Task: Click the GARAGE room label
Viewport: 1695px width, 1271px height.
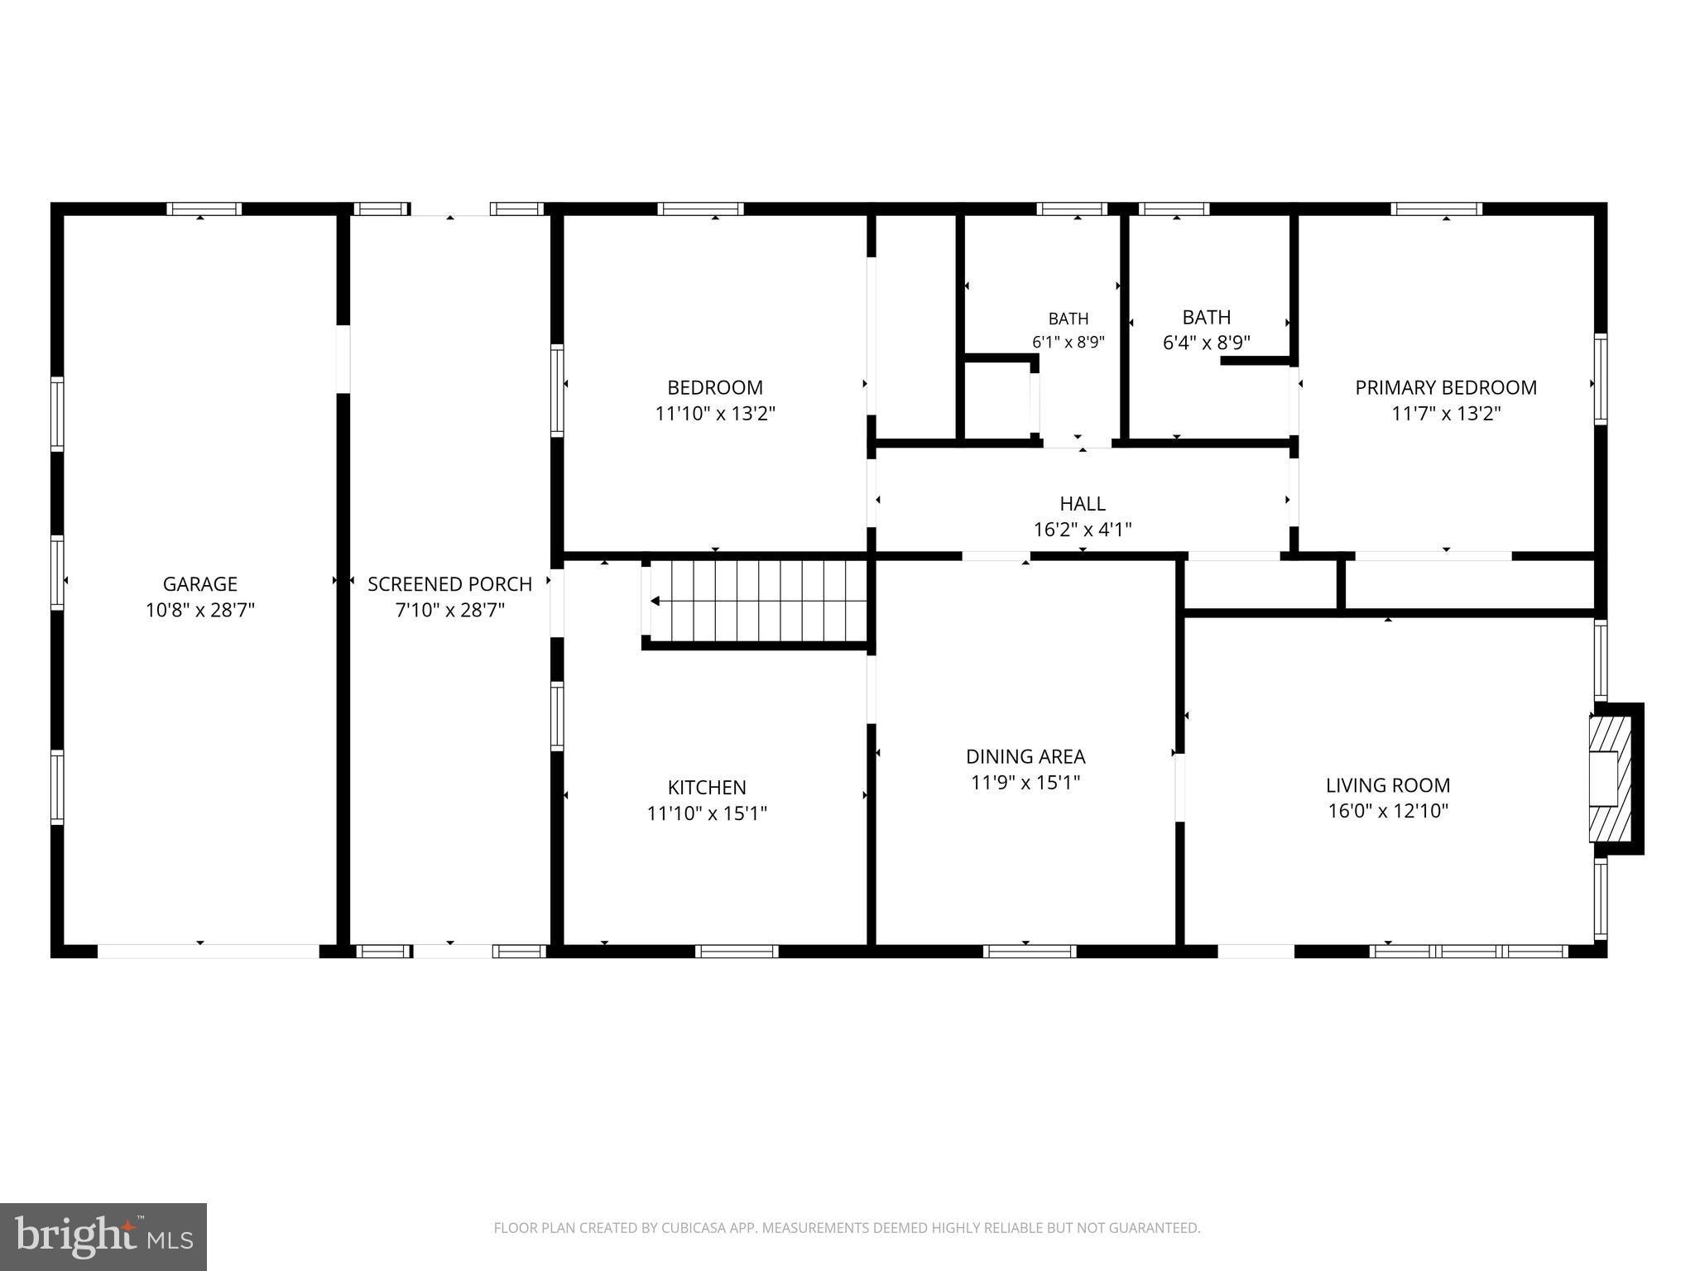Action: pos(200,584)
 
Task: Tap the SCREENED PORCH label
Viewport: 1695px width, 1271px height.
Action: pos(449,584)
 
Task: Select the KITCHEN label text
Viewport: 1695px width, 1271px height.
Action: pos(707,787)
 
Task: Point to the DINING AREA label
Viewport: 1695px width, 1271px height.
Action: pos(1025,756)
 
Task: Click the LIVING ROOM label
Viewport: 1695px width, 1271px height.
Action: pos(1388,785)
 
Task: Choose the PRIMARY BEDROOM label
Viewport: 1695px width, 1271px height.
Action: pos(1446,387)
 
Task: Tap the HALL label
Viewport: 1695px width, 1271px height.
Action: pos(1083,503)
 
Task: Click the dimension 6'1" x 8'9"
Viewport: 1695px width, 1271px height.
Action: pos(1068,342)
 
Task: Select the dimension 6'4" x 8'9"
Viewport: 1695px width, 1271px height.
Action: pos(1206,343)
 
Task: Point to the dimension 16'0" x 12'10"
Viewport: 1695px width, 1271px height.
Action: pos(1388,811)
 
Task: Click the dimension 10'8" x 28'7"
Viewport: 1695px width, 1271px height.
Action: pos(200,611)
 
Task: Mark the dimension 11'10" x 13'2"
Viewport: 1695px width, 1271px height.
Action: pos(715,414)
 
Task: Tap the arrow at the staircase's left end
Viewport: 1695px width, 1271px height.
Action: pos(655,601)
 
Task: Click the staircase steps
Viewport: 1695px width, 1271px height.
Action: pos(758,601)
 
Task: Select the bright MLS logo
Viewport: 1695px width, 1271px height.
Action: pos(103,1236)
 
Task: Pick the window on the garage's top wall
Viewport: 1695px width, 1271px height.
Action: pos(204,209)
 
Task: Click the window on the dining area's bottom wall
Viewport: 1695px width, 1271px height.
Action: pos(1030,951)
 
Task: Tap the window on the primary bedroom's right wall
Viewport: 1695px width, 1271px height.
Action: pos(1601,379)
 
